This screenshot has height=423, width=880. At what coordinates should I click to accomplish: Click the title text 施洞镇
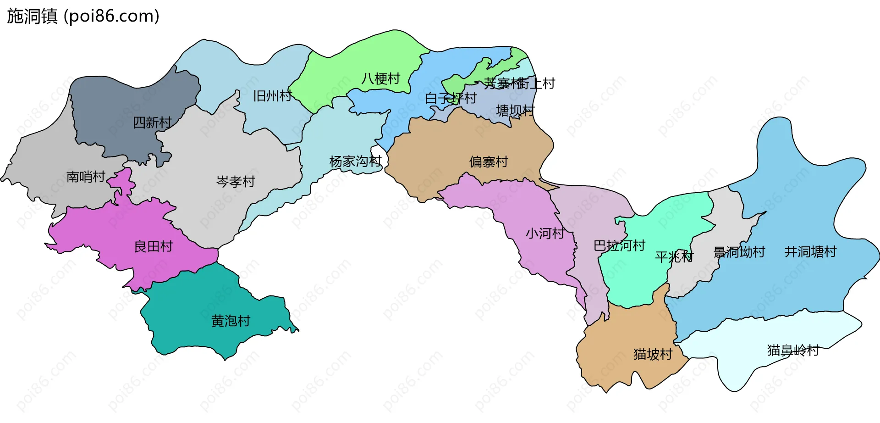(32, 16)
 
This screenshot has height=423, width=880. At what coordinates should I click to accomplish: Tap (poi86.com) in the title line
(111, 16)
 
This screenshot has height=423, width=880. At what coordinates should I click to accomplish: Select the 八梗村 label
(380, 79)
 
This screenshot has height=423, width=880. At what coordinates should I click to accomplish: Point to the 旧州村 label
(272, 96)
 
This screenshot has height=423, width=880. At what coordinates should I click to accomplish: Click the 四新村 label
(152, 122)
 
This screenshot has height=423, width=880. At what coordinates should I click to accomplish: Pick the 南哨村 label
(86, 177)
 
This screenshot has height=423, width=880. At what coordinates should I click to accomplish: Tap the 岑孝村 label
(235, 182)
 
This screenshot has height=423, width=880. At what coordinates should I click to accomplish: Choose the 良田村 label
(153, 247)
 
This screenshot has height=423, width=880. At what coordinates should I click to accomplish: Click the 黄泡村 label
(231, 321)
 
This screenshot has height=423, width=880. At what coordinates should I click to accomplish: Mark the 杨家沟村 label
(355, 161)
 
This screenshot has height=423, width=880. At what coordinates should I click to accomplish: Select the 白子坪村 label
(451, 98)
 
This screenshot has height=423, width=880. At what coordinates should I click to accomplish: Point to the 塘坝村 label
(515, 111)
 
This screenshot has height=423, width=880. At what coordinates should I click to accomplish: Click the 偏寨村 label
(489, 162)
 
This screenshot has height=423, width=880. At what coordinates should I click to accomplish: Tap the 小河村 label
(544, 234)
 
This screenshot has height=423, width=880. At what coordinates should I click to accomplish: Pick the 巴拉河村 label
(619, 246)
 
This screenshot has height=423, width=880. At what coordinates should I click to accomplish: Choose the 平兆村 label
(674, 256)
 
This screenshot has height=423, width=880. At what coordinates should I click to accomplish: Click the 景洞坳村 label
(739, 252)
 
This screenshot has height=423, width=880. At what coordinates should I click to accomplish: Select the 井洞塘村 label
(810, 252)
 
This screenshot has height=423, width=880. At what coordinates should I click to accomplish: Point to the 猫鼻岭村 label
(793, 351)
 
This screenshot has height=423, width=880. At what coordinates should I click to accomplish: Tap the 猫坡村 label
(653, 354)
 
